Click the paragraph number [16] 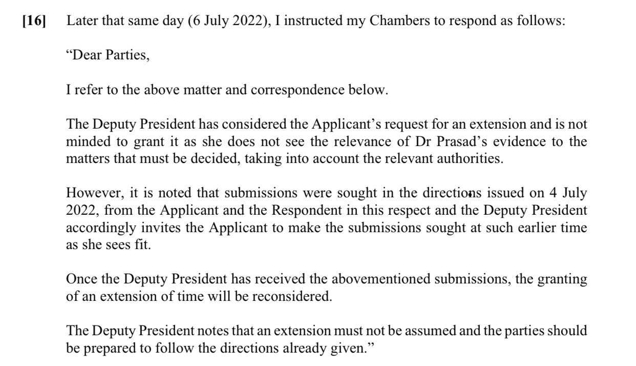pos(34,22)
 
